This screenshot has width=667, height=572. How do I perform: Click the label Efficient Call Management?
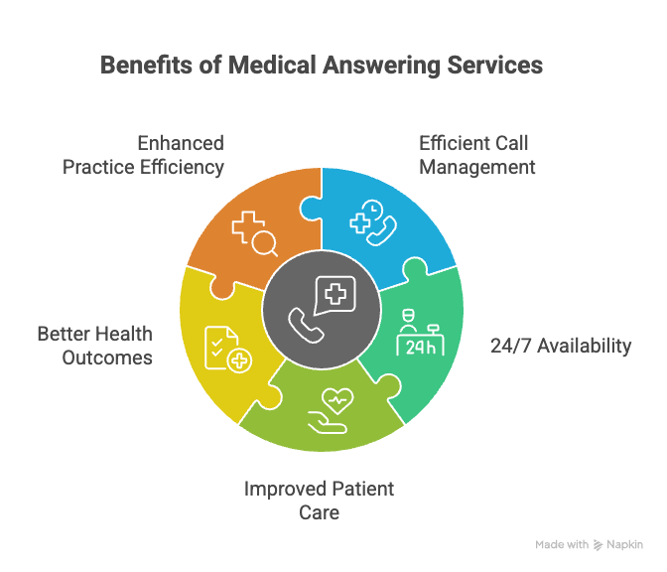(x=476, y=155)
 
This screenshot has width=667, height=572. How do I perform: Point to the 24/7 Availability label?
(x=561, y=346)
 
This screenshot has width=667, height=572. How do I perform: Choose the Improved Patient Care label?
(x=319, y=500)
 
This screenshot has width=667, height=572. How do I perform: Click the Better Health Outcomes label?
(x=95, y=346)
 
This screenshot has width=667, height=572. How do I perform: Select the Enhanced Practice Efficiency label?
(x=144, y=155)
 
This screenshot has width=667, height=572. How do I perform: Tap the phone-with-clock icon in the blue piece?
(x=376, y=221)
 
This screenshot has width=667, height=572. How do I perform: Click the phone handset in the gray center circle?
(x=301, y=322)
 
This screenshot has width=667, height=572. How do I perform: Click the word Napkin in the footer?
(x=625, y=545)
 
